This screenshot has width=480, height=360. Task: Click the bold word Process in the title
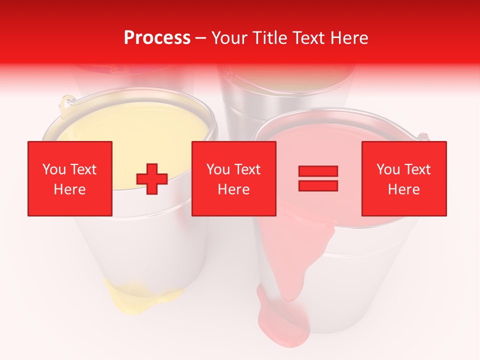point(157,37)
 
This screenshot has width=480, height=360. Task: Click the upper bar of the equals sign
point(318,171)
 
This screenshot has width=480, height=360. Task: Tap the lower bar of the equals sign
point(318,185)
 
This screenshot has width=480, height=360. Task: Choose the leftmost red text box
point(70,178)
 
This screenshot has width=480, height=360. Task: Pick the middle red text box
point(233,178)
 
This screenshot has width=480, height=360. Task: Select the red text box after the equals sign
point(404,178)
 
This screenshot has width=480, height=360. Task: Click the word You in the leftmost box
point(53,169)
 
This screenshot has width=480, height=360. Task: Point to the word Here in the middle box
point(233,189)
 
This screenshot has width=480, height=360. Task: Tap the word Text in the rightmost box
point(417,169)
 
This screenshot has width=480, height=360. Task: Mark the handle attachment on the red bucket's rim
point(423,136)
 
